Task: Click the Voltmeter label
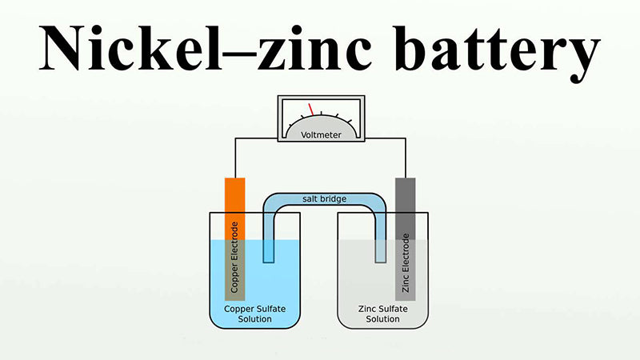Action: pos(321,135)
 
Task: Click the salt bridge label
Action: pos(325,198)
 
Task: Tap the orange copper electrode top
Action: pos(234,192)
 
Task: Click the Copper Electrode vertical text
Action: pos(234,257)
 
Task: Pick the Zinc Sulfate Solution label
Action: pos(382,314)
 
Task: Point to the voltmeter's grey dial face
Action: pos(320,124)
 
